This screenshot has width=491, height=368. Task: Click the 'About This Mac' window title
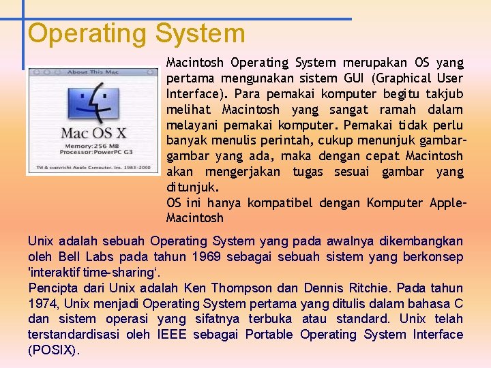coord(93,72)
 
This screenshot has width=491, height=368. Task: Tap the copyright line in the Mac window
coord(93,167)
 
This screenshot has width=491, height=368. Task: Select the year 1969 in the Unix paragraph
coord(207,257)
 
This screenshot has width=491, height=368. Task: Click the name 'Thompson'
coord(243,288)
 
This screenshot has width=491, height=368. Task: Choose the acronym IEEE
coord(171,335)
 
